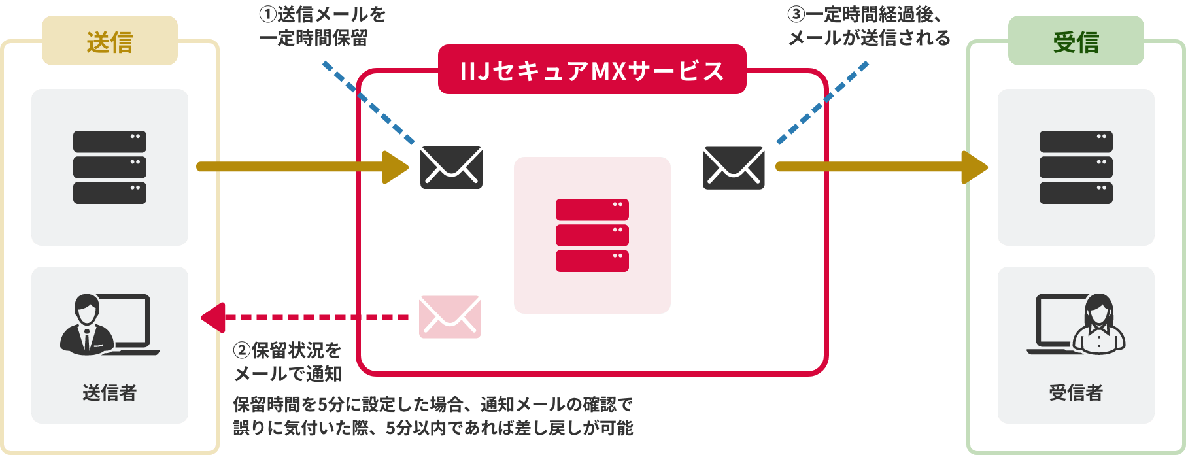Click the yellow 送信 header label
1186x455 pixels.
click(x=110, y=42)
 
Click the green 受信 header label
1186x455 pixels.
click(x=1076, y=42)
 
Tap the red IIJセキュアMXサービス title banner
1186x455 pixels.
click(x=592, y=70)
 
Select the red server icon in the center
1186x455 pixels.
click(x=592, y=235)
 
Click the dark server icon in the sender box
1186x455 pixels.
click(x=110, y=167)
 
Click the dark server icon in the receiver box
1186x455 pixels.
click(x=1076, y=167)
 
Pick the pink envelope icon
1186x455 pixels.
click(x=450, y=317)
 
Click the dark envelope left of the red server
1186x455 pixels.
click(x=451, y=167)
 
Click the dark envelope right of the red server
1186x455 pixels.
click(x=734, y=167)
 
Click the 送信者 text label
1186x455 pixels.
click(x=110, y=393)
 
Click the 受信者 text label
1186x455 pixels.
click(x=1076, y=393)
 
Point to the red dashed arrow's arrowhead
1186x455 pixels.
click(x=212, y=318)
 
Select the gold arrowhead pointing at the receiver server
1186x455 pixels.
click(x=975, y=167)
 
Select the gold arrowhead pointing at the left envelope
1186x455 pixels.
click(x=396, y=167)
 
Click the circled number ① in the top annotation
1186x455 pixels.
click(x=267, y=14)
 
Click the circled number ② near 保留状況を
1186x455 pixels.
click(x=242, y=350)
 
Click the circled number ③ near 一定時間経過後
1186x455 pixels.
click(x=796, y=14)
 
